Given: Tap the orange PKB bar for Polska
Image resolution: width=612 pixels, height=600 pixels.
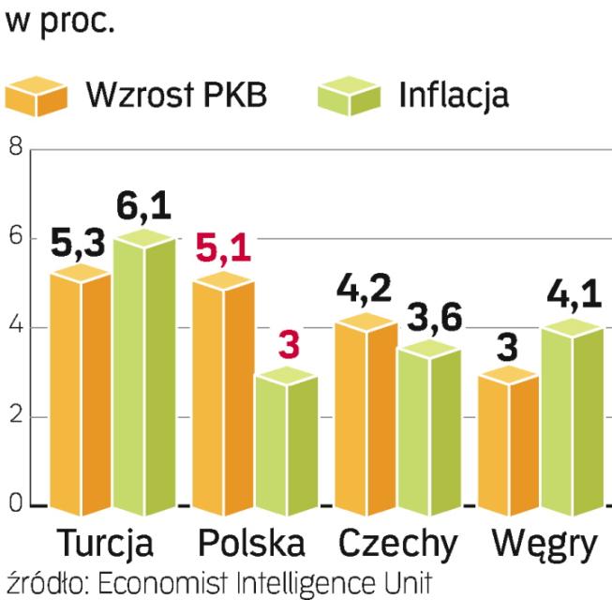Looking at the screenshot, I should (x=223, y=394).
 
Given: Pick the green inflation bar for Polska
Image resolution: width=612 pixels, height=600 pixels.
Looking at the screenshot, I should (x=286, y=441).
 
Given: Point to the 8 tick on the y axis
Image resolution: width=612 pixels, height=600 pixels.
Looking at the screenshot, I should (x=13, y=148).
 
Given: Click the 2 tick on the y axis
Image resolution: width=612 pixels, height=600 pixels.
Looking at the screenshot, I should (x=13, y=417).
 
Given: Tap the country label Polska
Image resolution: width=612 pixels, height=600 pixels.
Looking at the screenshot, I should (x=251, y=544).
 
